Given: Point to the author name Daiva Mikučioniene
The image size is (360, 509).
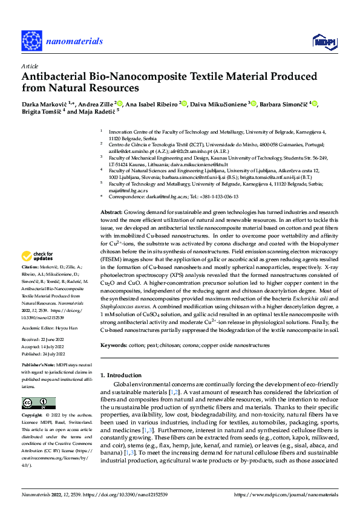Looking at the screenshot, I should [218, 103].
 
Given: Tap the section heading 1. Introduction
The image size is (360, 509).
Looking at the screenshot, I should [125, 375].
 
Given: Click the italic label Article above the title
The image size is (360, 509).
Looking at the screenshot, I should [29, 65].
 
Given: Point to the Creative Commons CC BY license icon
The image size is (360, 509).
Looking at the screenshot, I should [38, 402].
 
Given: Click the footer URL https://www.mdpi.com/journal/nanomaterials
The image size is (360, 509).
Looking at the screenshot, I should [286, 494].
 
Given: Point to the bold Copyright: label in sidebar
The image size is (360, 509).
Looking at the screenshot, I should [33, 416].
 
